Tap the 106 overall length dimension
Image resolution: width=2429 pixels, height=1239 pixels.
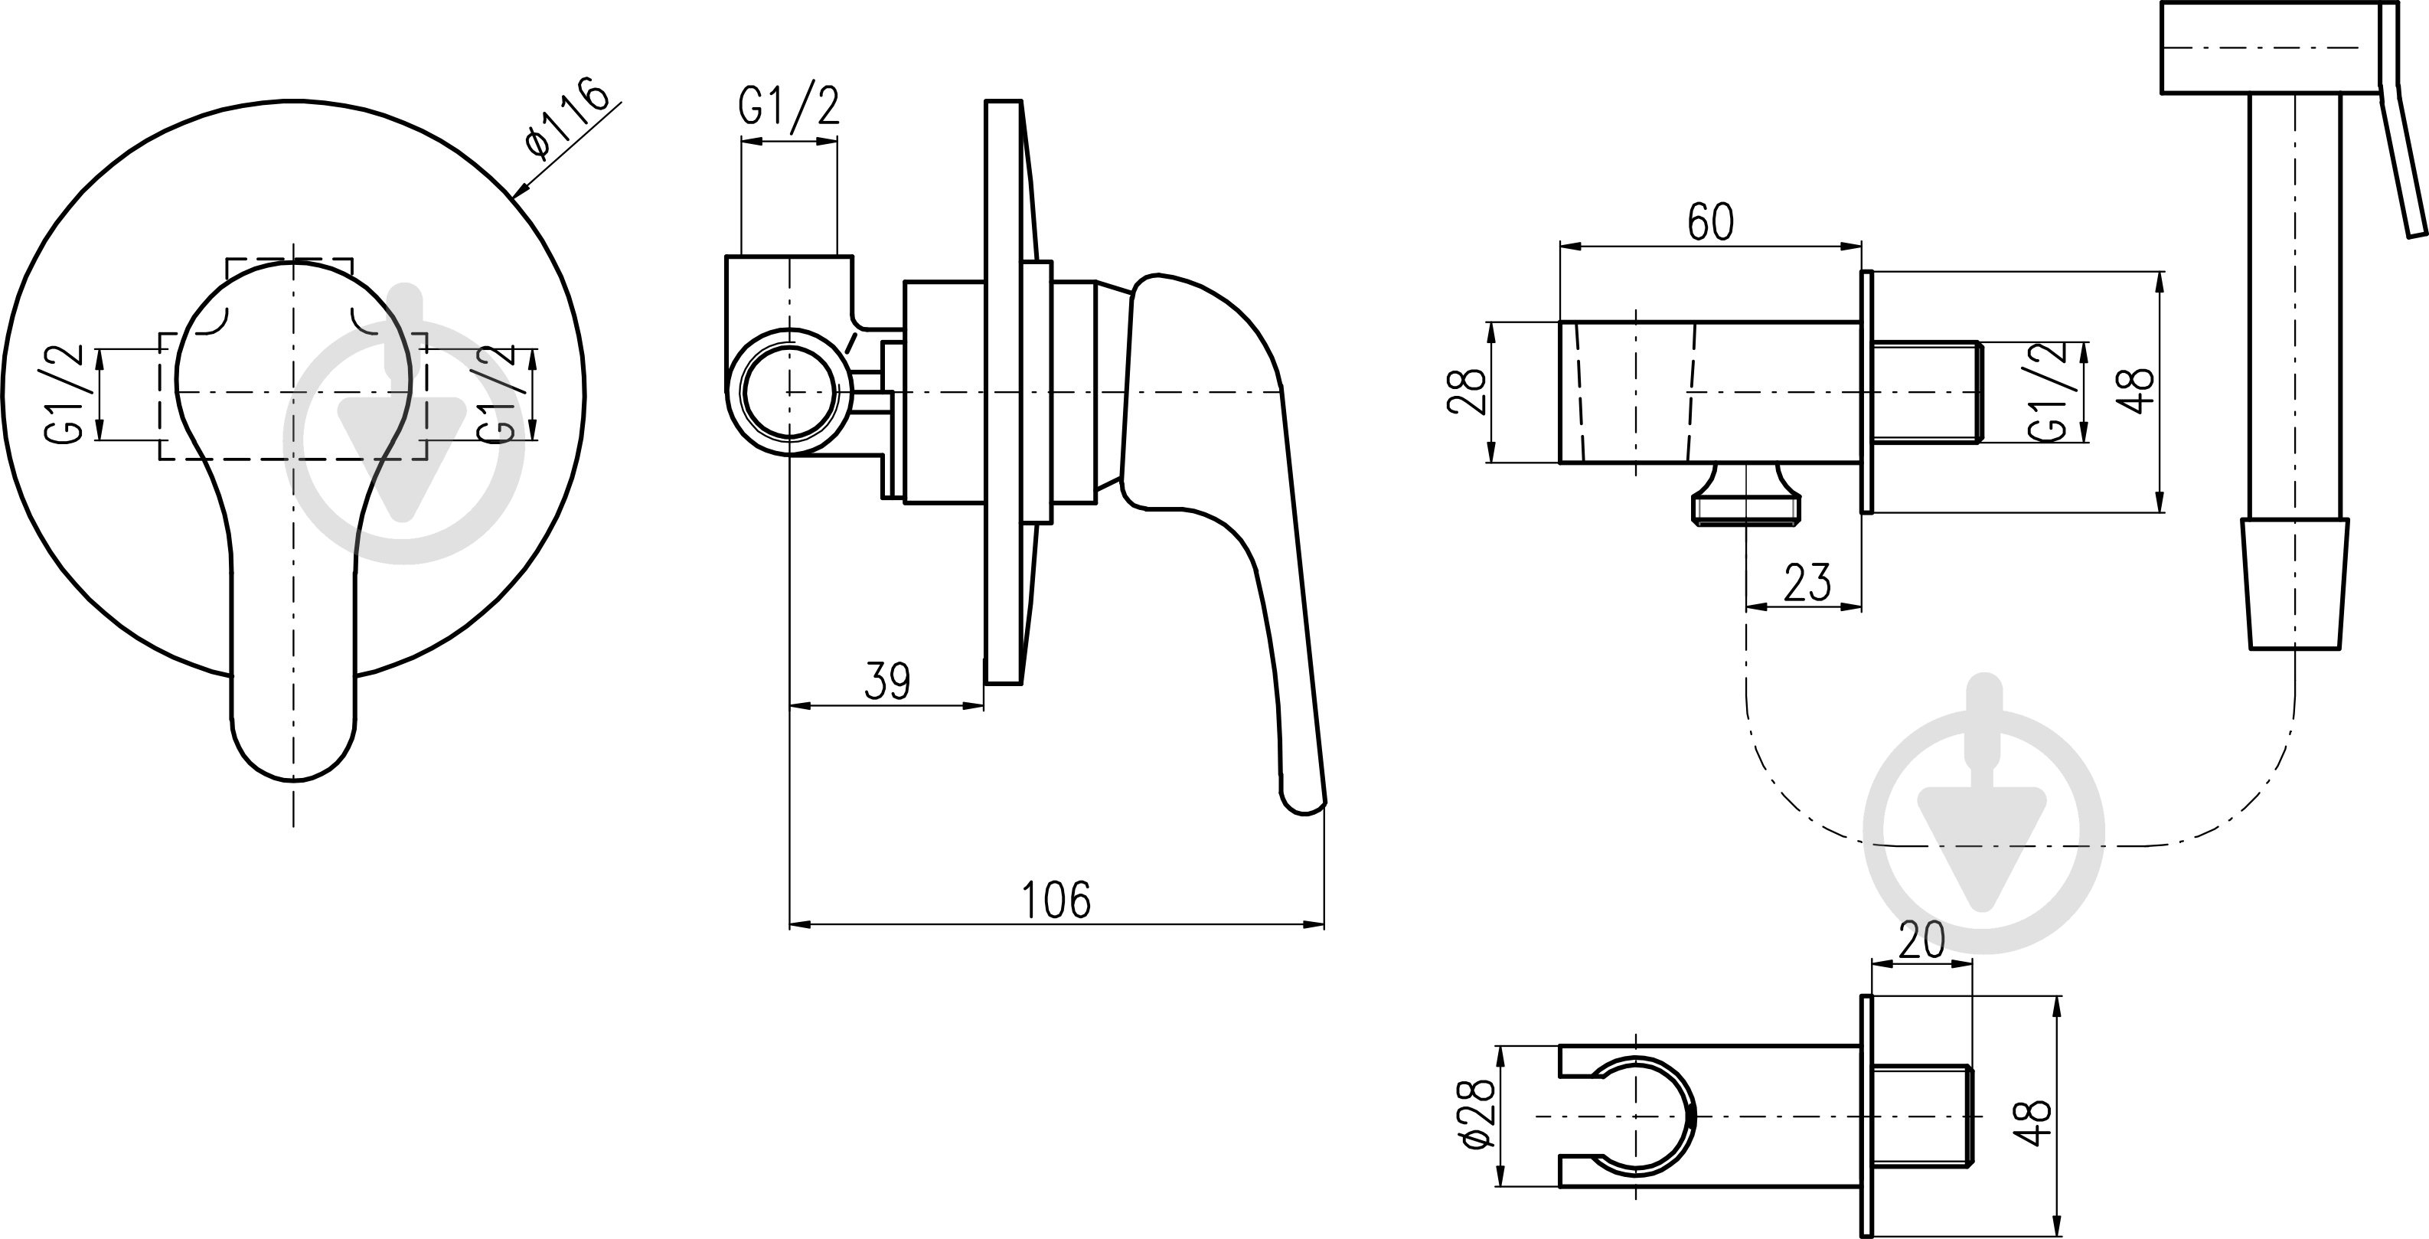point(1056,900)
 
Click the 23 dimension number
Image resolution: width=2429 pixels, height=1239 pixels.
point(1807,582)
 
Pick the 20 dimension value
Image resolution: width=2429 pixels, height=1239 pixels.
point(1921,940)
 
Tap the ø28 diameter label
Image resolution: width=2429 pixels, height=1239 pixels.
point(1476,1113)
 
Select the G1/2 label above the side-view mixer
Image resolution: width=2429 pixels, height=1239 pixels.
point(788,106)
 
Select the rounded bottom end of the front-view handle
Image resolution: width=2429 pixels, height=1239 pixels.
point(293,750)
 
